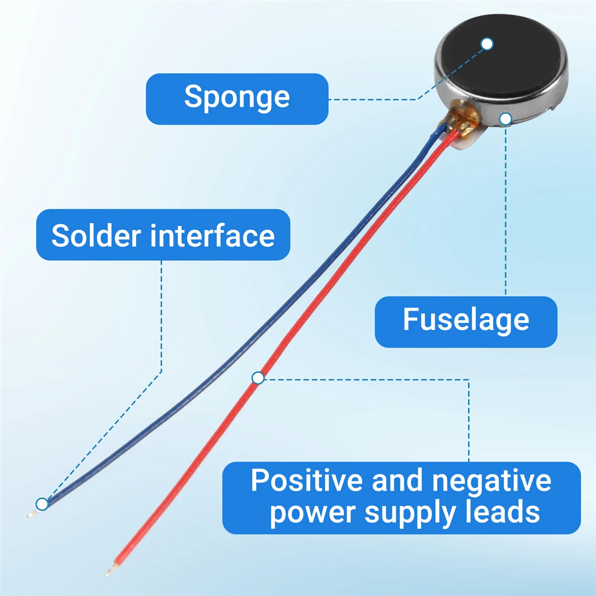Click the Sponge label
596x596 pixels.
click(237, 98)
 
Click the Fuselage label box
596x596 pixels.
click(466, 321)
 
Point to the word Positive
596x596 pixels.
click(306, 481)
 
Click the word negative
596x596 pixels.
click(491, 481)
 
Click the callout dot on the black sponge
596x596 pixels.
click(487, 44)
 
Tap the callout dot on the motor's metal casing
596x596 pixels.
click(506, 119)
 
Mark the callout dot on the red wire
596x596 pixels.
click(258, 378)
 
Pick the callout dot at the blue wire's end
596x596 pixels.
click(42, 504)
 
